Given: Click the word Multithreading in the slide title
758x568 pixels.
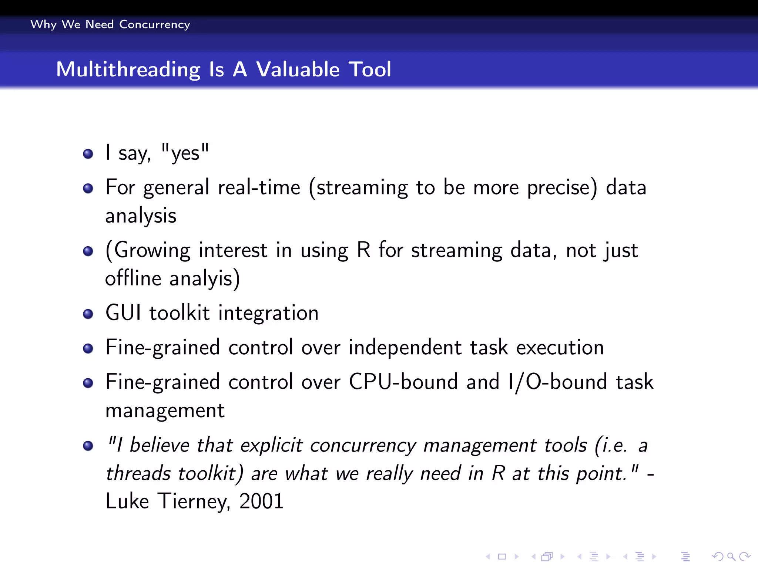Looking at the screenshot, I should [x=128, y=70].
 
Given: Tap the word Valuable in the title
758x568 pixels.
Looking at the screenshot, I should [x=298, y=70].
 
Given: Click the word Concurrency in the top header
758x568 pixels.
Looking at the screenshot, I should [x=154, y=24].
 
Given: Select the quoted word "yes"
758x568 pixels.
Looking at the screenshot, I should [x=185, y=153].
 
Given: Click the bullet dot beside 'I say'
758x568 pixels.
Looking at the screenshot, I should [x=88, y=153].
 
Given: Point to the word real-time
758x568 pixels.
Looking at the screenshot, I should [x=259, y=187].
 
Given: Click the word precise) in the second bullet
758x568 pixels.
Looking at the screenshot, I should [x=562, y=187].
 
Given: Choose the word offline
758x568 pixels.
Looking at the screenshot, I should [x=133, y=278].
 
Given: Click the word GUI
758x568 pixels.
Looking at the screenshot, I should [x=123, y=313].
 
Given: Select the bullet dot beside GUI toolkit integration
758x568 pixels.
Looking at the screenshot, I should [x=88, y=314].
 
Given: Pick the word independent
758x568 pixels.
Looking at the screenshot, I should [x=405, y=348].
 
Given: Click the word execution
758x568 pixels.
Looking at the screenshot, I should [x=560, y=348].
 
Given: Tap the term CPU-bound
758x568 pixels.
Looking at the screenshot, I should [x=403, y=382].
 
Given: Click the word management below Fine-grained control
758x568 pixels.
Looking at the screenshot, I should [x=165, y=411].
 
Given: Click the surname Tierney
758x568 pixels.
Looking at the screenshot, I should [x=192, y=501].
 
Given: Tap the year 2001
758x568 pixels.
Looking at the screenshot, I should [x=261, y=501].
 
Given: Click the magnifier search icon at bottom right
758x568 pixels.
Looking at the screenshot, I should [x=731, y=557].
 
